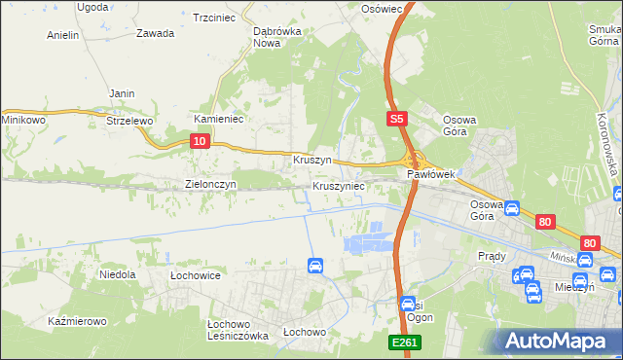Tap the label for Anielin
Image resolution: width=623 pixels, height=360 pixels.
coord(62,35)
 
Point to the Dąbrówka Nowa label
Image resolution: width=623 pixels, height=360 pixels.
coord(274,37)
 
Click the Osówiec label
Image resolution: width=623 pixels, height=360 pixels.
coord(382,8)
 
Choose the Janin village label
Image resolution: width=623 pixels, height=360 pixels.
coord(122,93)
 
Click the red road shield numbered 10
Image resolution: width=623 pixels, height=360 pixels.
coord(199,142)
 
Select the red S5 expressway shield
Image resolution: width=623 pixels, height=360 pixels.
coord(395,119)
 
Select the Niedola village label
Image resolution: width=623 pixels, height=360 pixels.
coord(117,275)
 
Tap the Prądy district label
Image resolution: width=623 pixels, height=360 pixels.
coord(493,256)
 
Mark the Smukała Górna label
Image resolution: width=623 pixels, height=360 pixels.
coord(605,35)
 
